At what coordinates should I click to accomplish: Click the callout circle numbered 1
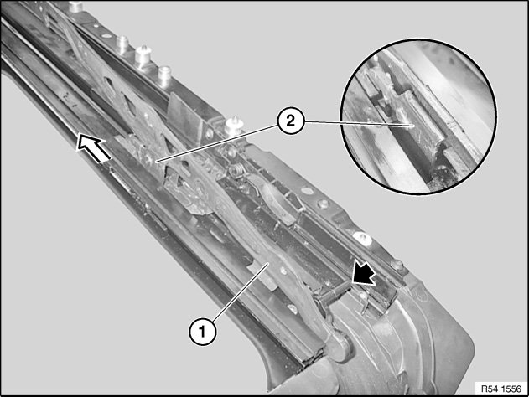point(202,332)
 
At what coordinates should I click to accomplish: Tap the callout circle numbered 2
point(291,121)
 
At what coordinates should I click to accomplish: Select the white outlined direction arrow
point(93,147)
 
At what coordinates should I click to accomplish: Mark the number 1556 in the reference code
point(511,389)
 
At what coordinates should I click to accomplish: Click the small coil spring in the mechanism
point(236,170)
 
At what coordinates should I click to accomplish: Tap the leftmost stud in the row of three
point(122,44)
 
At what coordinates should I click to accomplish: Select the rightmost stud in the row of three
point(164,76)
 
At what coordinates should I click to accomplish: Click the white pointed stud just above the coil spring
point(232,125)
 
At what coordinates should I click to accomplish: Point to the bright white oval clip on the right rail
point(363,239)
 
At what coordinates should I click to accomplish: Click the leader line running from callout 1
point(241,292)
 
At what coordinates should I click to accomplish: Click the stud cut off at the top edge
point(75,6)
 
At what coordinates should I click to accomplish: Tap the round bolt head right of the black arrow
point(397,265)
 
